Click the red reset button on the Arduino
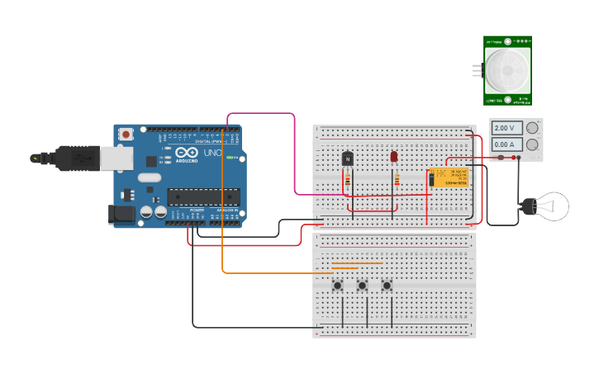tap(126, 134)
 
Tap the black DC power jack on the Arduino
tap(122, 214)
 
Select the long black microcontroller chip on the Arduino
tap(204, 196)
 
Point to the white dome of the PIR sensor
tap(506, 70)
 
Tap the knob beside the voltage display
tap(533, 127)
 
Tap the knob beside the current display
tap(533, 144)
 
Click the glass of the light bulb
tap(552, 206)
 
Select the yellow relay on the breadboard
tap(449, 177)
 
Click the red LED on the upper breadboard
tap(394, 156)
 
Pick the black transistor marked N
tap(348, 158)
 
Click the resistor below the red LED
tap(397, 180)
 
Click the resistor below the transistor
tap(348, 180)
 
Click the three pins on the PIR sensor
tap(476, 70)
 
